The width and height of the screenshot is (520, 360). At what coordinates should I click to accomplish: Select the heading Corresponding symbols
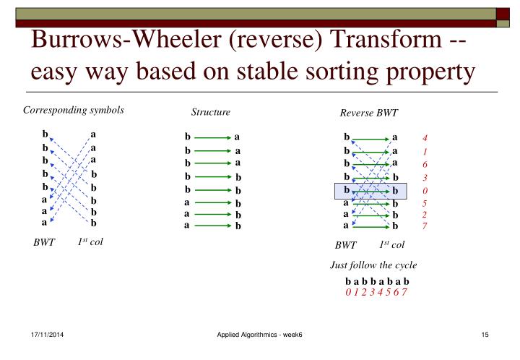click(x=74, y=111)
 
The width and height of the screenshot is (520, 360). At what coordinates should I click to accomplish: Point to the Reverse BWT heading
click(x=368, y=113)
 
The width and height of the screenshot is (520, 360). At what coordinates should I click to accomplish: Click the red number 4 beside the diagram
click(x=425, y=138)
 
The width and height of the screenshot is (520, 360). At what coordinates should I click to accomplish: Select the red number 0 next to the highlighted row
click(x=425, y=191)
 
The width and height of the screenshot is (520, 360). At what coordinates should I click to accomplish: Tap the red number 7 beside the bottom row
click(x=425, y=226)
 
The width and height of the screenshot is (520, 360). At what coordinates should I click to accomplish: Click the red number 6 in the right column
click(x=425, y=165)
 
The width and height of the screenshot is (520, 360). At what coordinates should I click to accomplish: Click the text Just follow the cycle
click(x=373, y=265)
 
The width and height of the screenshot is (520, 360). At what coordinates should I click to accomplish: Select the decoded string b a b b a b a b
click(x=377, y=280)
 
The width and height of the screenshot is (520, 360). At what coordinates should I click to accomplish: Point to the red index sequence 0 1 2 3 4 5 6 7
click(x=377, y=291)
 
